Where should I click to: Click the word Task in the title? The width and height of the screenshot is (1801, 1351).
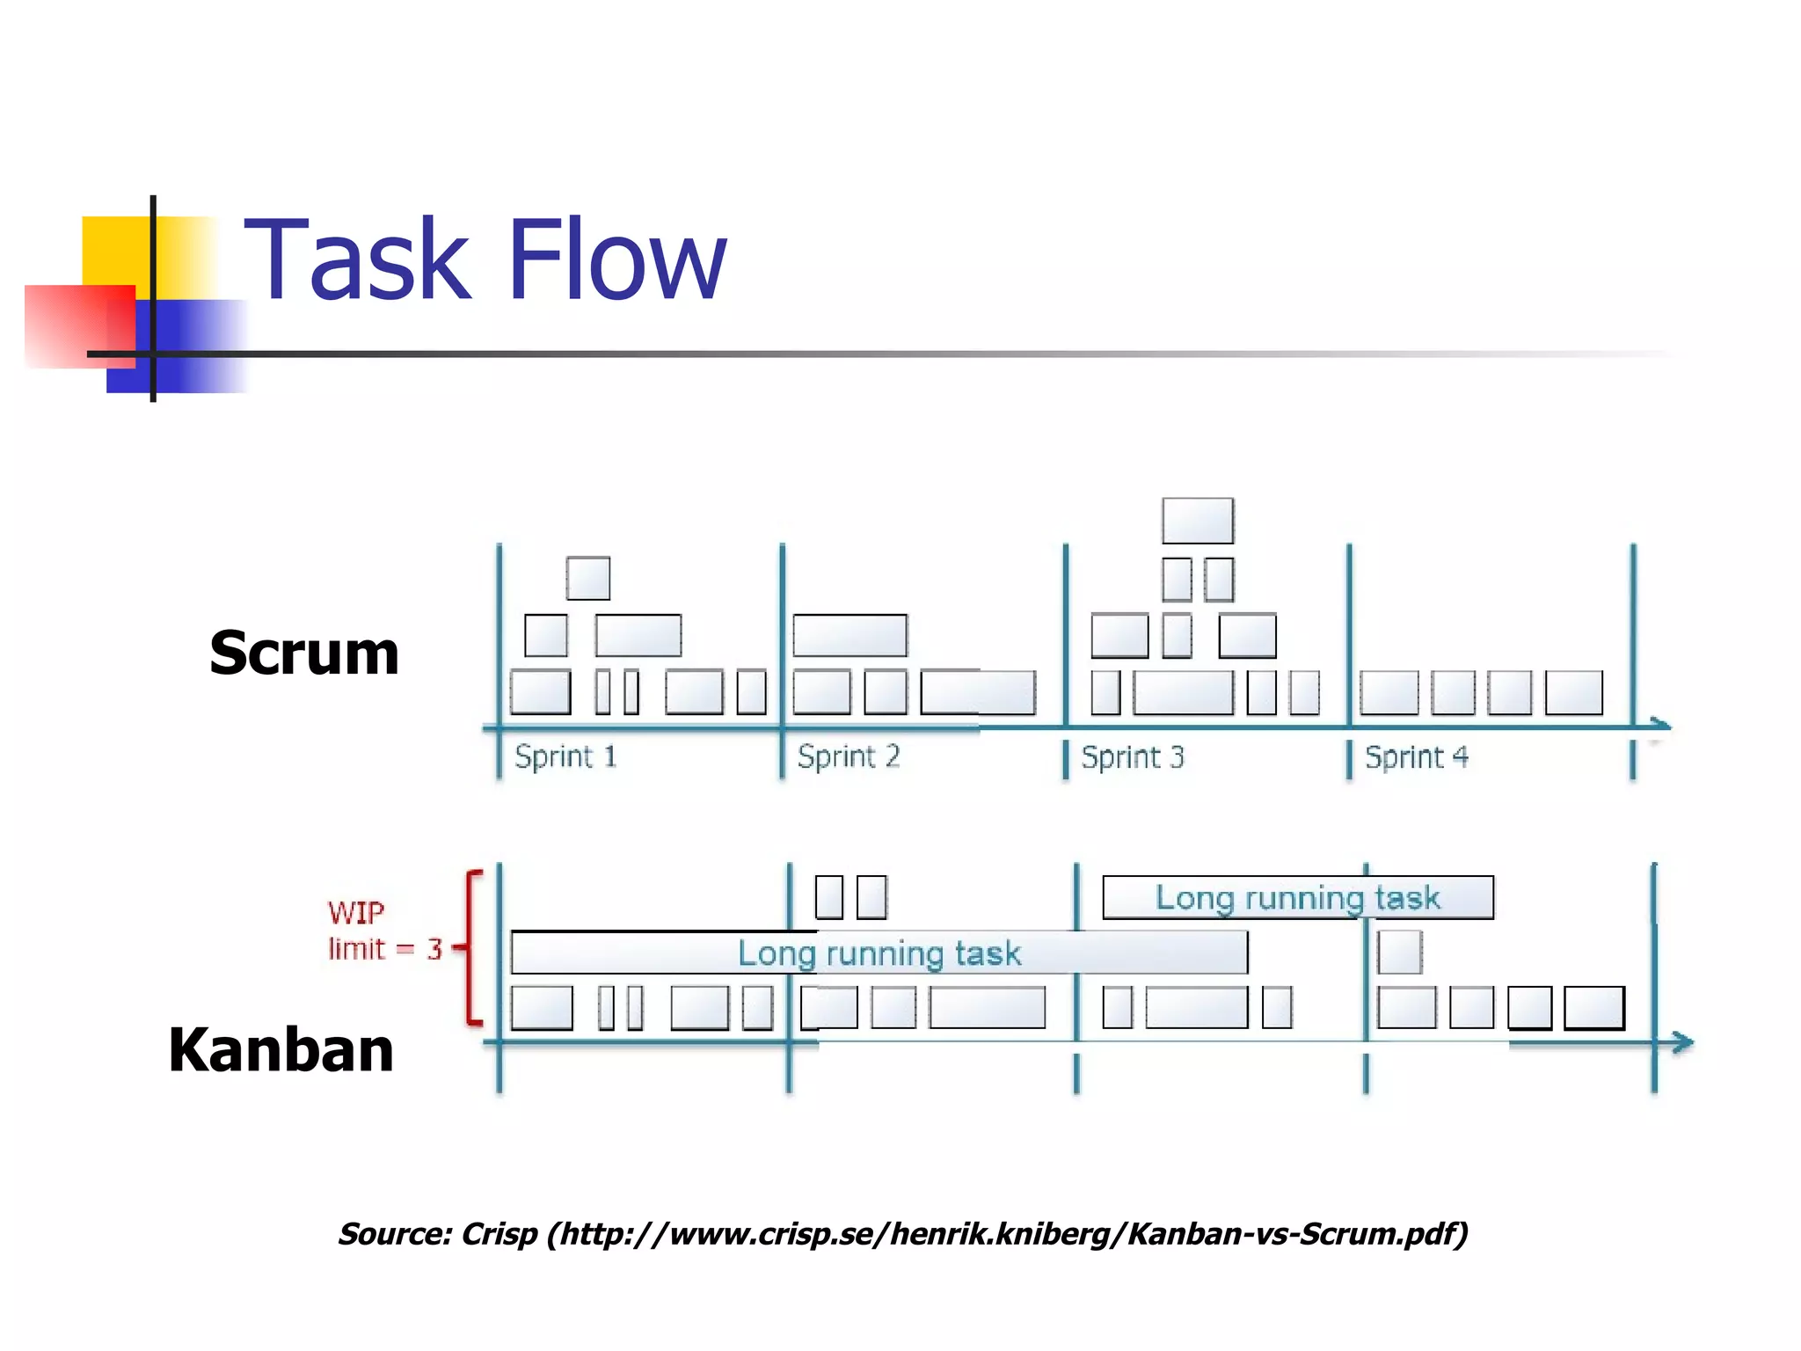[356, 260]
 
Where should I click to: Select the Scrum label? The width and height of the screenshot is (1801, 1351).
[304, 654]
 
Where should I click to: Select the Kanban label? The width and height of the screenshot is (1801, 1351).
[281, 1050]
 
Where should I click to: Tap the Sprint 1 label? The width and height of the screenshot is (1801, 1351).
[565, 757]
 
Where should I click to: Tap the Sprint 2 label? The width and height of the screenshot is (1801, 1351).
[849, 757]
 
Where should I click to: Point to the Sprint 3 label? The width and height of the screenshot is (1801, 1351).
[1133, 757]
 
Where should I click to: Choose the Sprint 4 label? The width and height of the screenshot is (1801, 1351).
[1416, 757]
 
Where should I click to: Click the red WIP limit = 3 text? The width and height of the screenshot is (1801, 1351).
[383, 931]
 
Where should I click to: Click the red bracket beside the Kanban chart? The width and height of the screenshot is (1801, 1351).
[472, 948]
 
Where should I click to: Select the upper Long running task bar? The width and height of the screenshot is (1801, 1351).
[1297, 898]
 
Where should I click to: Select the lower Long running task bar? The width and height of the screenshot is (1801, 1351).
[879, 953]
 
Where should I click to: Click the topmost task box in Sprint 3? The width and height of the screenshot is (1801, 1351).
[1198, 521]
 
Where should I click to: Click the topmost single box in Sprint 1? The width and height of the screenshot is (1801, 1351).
[588, 579]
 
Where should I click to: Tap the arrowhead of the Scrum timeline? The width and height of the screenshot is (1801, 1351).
[1660, 726]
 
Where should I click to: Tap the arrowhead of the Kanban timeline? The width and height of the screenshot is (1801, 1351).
[1683, 1043]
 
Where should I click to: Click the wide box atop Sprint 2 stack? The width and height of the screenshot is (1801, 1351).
[849, 636]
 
